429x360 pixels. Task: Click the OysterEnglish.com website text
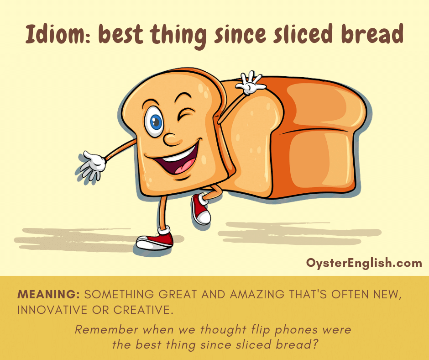click(364, 263)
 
